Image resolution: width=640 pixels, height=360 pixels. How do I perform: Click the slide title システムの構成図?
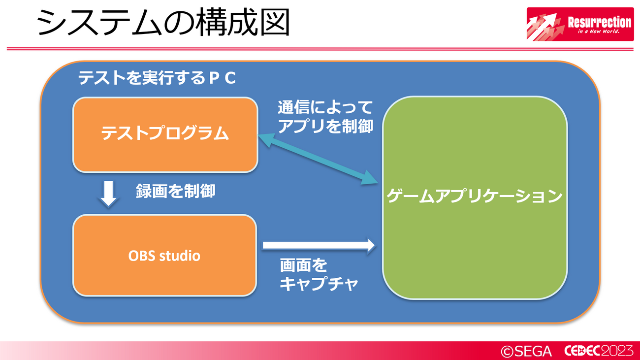click(163, 22)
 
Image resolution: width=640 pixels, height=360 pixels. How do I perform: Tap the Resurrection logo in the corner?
click(580, 24)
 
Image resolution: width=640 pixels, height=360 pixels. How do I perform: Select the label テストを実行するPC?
click(157, 78)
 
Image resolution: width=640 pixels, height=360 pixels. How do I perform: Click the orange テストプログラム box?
click(165, 135)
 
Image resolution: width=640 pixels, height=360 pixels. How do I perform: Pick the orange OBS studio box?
click(164, 256)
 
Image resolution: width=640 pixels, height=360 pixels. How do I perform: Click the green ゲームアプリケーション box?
click(475, 197)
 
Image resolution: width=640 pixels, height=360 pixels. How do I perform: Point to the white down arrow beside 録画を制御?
click(109, 194)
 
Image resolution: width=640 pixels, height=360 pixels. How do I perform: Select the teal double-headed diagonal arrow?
click(318, 160)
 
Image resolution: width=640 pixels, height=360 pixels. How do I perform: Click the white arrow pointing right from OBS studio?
click(319, 245)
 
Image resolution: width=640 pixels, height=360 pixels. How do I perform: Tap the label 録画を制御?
click(175, 191)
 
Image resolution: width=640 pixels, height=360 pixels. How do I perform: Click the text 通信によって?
click(325, 107)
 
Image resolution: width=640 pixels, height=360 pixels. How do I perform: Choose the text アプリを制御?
click(326, 126)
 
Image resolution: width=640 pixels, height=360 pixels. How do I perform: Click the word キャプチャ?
click(319, 284)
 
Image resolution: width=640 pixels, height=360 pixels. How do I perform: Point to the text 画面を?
click(303, 265)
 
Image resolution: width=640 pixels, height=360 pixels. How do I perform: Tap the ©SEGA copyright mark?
click(526, 351)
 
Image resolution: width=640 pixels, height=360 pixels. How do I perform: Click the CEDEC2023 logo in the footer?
click(599, 351)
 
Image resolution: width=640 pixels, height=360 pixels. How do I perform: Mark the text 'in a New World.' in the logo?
click(599, 32)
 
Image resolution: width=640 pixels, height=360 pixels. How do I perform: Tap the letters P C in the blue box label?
click(223, 78)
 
